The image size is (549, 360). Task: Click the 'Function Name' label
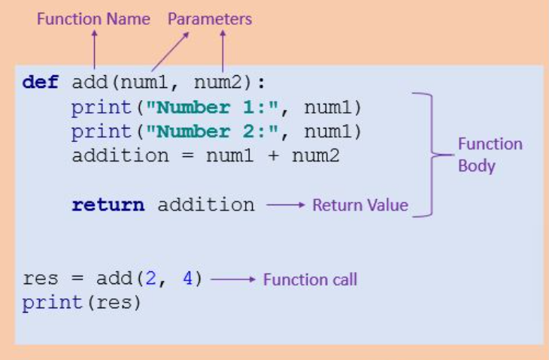[x=93, y=18]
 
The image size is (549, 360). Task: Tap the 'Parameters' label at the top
[x=210, y=18]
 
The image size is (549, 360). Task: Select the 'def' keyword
[x=40, y=82]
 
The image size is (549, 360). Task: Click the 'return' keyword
[x=108, y=204]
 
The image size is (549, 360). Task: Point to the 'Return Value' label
[x=360, y=204]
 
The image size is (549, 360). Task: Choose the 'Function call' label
[x=310, y=280]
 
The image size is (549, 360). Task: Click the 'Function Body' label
[x=490, y=154]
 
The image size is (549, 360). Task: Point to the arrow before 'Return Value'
[x=285, y=204]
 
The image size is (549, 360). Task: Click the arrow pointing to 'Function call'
[x=234, y=280]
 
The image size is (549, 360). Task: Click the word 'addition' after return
[x=205, y=204]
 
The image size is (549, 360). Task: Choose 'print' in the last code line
[x=52, y=304]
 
